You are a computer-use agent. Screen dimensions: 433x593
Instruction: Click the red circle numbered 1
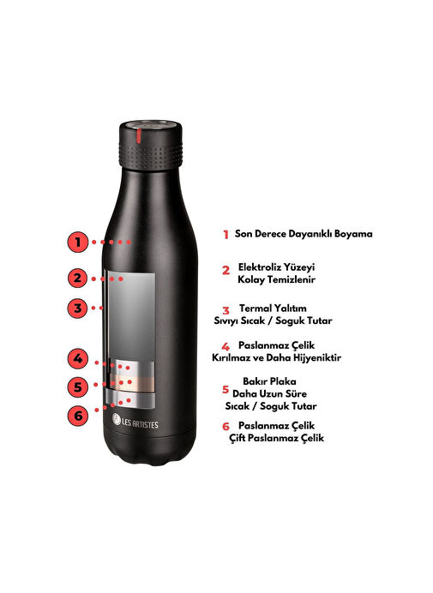(78, 242)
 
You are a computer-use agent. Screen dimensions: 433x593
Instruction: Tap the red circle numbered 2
(78, 278)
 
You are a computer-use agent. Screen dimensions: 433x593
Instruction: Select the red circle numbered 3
(78, 308)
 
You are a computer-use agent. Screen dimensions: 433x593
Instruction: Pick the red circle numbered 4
(78, 358)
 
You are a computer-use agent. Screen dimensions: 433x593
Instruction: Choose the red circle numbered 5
(78, 386)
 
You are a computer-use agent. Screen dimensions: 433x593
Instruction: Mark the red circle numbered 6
(78, 416)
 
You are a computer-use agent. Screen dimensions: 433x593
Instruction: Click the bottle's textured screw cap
(151, 146)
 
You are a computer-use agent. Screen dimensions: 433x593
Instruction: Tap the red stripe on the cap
(139, 136)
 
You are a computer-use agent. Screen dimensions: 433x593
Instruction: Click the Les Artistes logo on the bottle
(135, 421)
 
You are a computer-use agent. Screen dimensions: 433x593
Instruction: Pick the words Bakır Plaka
(269, 381)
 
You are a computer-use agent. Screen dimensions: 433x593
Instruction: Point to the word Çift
(237, 438)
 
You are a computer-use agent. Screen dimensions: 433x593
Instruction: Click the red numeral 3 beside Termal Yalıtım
(226, 311)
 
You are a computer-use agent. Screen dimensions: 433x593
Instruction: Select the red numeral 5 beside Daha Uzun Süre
(226, 389)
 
